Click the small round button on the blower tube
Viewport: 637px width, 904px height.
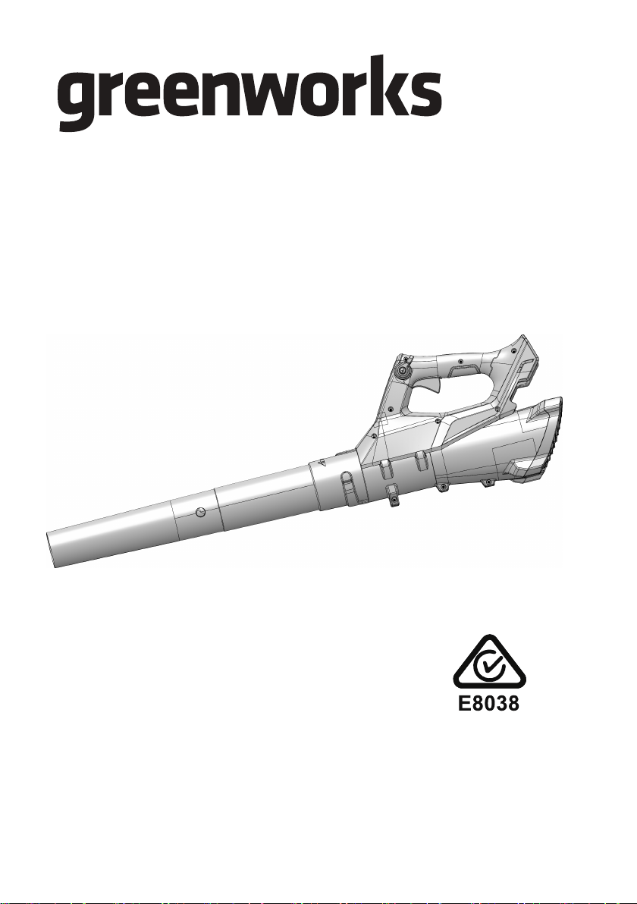click(199, 511)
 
